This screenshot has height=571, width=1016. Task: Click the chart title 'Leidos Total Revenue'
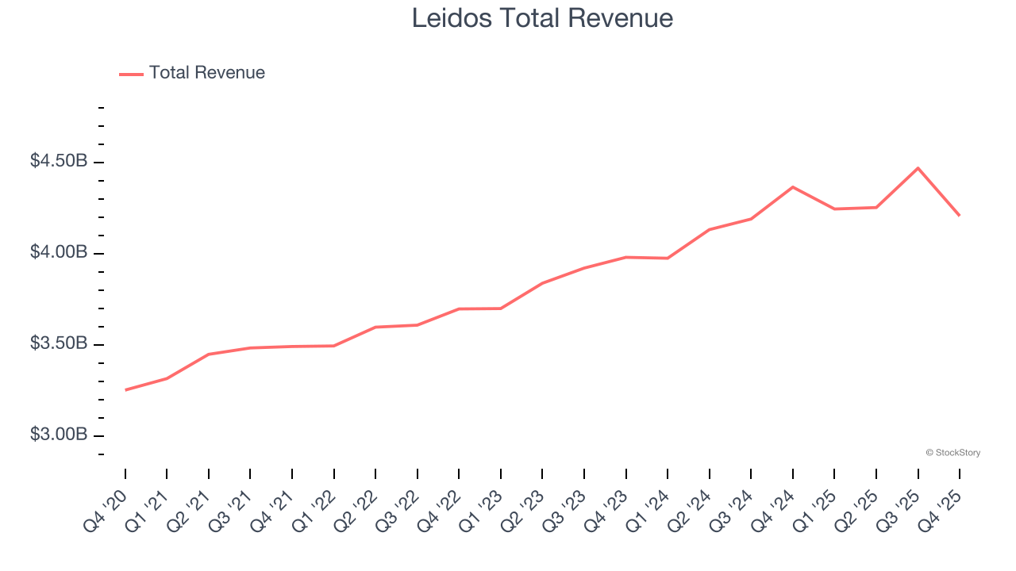click(542, 18)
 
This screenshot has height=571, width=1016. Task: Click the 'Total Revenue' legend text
click(206, 73)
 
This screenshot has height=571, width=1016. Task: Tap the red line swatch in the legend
click(131, 74)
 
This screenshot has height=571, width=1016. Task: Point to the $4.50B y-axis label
click(59, 162)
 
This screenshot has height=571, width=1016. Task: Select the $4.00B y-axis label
click(59, 253)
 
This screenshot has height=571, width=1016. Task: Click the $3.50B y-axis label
click(59, 344)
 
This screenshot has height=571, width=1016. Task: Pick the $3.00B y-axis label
click(59, 435)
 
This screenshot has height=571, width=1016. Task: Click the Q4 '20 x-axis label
click(106, 510)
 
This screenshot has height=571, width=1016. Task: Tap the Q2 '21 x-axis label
click(190, 510)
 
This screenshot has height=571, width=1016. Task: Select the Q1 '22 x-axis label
click(315, 510)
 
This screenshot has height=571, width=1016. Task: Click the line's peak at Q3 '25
click(918, 168)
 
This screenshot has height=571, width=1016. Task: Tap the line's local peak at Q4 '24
click(792, 187)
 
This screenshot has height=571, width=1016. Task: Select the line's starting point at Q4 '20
click(125, 390)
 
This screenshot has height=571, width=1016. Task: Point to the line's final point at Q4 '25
click(959, 215)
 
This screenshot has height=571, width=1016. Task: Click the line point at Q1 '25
click(834, 209)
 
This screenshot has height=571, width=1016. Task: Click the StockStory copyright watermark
click(952, 453)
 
